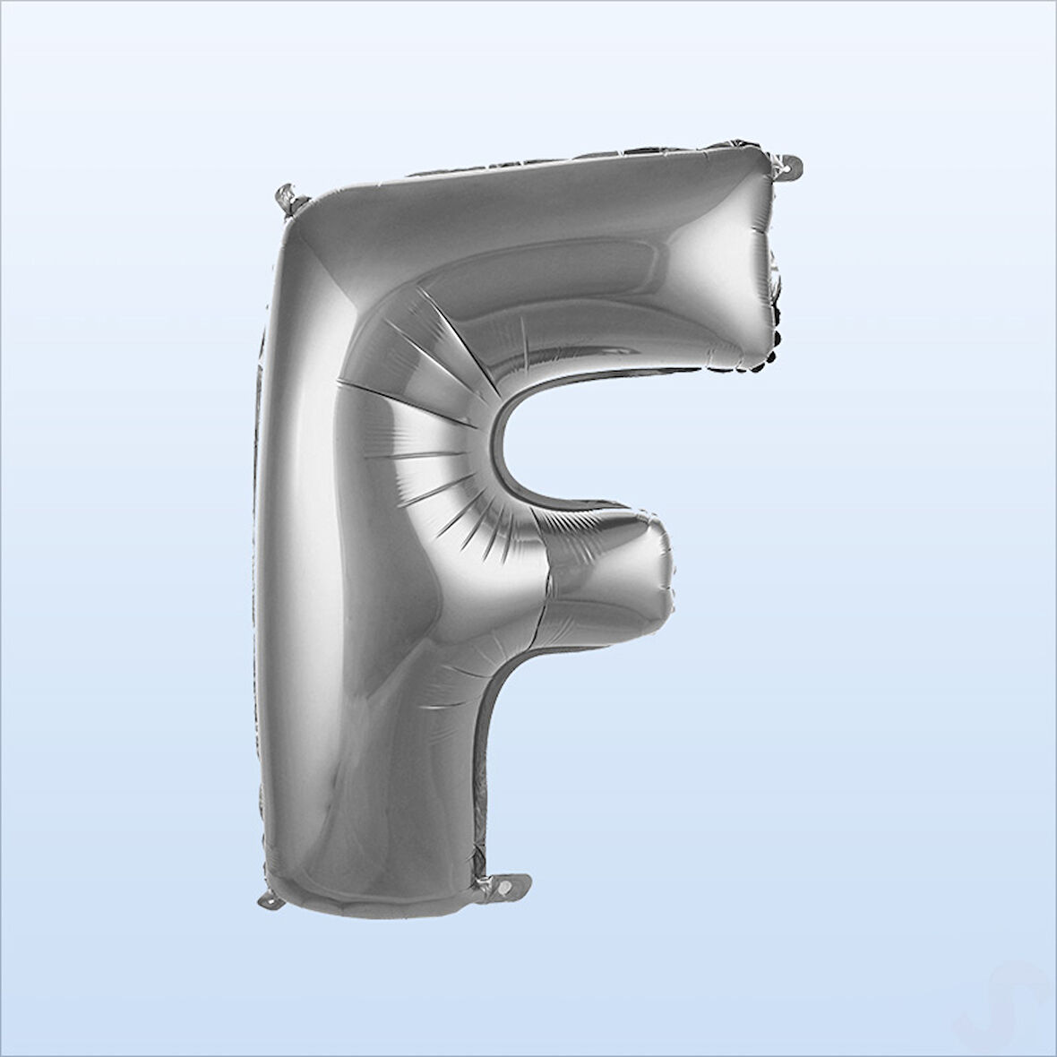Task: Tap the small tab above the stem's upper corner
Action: pyautogui.click(x=288, y=199)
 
